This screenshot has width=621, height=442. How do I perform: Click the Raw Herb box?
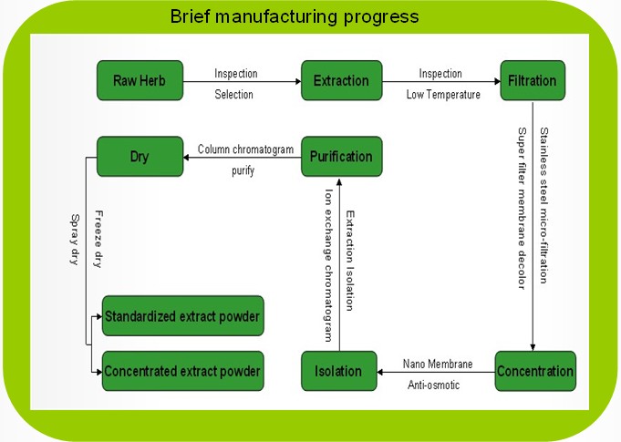(140, 80)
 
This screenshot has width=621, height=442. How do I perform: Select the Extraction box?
(341, 80)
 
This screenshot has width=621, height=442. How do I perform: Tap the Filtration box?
(533, 80)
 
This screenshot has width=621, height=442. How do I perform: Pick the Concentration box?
(535, 371)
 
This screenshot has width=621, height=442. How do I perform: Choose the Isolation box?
(339, 371)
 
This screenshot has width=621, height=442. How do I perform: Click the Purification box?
(341, 157)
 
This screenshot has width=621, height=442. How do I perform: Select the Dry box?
(140, 157)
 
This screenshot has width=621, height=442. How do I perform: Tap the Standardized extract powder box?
(183, 315)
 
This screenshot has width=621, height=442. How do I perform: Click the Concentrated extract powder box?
(183, 371)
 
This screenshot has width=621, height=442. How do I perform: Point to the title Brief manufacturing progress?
(295, 17)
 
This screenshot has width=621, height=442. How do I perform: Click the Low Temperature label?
(443, 95)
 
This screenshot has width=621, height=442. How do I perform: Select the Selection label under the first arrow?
(233, 95)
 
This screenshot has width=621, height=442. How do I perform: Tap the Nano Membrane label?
(438, 364)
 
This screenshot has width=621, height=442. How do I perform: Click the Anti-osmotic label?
(434, 385)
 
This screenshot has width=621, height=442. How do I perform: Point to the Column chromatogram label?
(245, 149)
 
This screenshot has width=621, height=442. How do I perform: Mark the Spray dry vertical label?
(75, 240)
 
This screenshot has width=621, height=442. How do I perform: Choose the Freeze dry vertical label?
(98, 239)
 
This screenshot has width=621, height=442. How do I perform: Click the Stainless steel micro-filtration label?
(543, 205)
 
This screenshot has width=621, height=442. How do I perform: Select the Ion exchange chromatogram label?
(328, 265)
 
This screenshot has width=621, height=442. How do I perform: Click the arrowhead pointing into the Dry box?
(186, 158)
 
